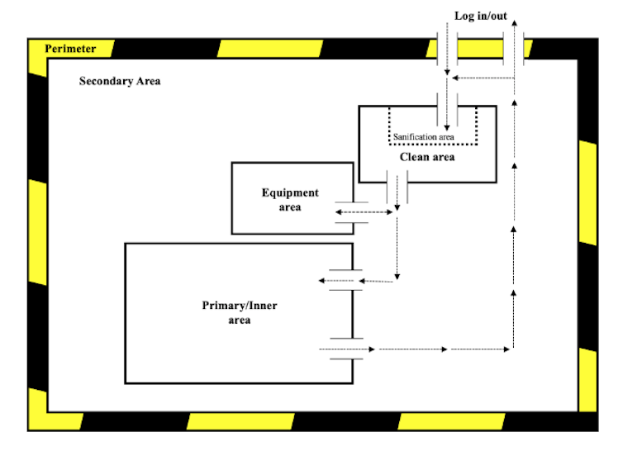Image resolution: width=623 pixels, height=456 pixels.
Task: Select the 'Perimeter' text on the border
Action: [70, 49]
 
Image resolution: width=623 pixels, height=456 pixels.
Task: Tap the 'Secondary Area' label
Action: [120, 81]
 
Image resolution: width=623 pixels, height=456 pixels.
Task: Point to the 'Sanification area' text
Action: [423, 136]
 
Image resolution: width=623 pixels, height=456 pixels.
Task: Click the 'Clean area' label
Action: [427, 156]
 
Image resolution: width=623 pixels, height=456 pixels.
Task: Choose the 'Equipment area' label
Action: [290, 200]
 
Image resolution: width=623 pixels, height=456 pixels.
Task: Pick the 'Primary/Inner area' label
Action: [240, 312]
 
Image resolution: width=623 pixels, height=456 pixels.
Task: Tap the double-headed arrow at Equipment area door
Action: [364, 212]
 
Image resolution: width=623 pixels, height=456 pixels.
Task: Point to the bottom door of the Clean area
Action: [397, 183]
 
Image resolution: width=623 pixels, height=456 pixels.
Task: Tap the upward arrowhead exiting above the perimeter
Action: [515, 26]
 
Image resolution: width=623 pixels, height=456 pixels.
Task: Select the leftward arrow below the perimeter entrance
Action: [479, 78]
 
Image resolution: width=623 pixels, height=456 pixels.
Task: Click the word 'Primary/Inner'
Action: [240, 306]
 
